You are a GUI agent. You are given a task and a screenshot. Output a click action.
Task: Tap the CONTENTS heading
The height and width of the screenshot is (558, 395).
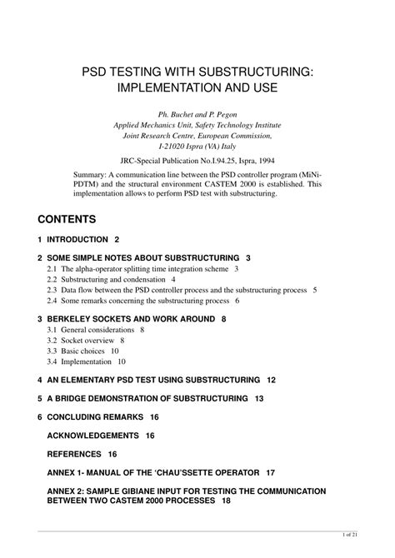67,219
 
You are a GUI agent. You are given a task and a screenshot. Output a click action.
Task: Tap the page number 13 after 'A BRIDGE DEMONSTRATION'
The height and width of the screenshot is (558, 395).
259,398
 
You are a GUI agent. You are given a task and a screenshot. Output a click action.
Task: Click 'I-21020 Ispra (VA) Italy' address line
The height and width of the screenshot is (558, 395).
197,144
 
